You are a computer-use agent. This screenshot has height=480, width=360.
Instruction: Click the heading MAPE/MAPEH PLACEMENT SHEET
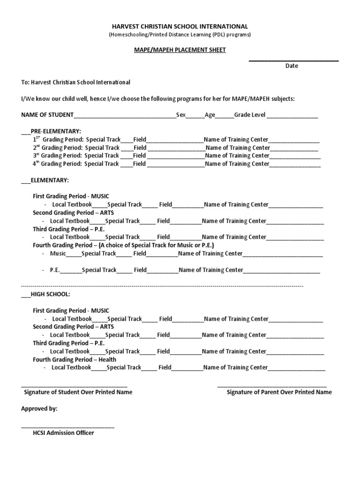tap(180, 50)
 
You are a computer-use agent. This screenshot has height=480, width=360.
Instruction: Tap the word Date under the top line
tap(292, 66)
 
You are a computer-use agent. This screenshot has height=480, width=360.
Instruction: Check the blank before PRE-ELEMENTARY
tap(26, 132)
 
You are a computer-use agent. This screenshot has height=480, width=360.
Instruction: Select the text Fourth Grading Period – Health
tap(75, 360)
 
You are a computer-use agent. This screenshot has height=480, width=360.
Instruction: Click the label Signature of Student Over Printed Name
tap(78, 392)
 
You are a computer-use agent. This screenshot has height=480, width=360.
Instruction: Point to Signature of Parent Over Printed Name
tap(279, 392)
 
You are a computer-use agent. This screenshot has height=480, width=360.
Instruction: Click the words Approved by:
tap(39, 409)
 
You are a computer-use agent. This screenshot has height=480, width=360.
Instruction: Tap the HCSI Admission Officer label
tap(60, 433)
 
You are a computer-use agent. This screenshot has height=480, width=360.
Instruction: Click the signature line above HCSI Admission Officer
tap(67, 426)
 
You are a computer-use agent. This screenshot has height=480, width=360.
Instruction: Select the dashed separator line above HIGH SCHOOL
tap(162, 285)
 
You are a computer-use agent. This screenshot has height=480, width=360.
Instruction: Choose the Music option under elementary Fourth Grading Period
tap(58, 254)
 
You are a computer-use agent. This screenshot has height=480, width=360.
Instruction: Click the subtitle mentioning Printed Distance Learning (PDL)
tap(180, 35)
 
